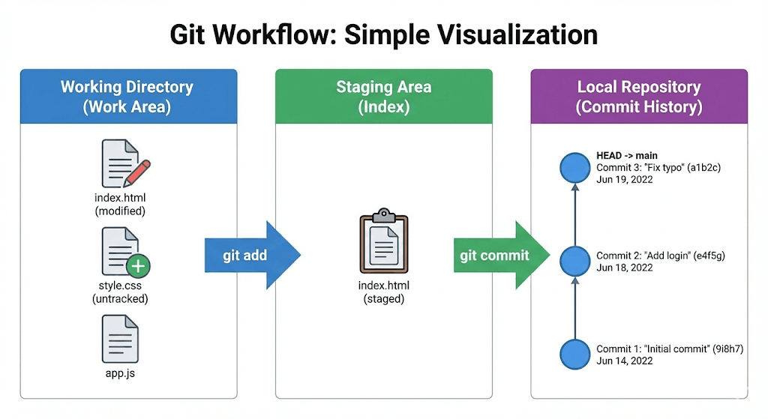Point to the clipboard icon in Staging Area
point(384,242)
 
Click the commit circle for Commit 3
point(575,167)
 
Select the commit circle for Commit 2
point(575,261)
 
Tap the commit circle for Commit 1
point(575,354)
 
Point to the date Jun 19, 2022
point(625,180)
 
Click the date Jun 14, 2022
point(625,361)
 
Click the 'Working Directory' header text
point(127,87)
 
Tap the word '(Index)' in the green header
point(383,107)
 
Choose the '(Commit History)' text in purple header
point(639,107)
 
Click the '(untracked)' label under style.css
point(120,299)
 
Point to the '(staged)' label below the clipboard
point(384,299)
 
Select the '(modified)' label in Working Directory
point(120,211)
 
